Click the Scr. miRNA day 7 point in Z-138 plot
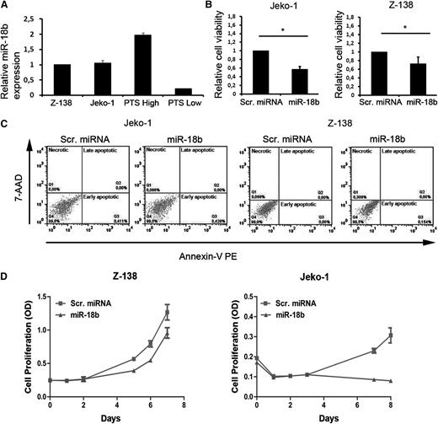[x=191, y=314]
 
